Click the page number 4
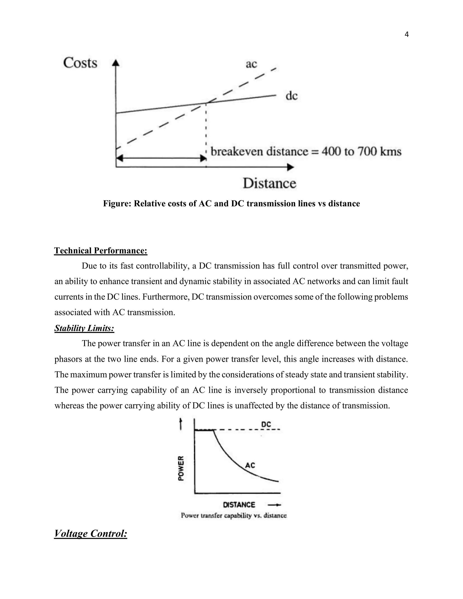406,35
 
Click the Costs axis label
80,63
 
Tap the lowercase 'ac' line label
251,64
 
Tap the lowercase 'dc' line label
292,96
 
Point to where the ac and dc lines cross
206,103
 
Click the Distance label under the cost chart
269,183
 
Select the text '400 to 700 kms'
361,151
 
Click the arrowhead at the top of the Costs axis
116,63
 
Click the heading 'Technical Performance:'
101,251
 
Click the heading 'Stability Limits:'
84,328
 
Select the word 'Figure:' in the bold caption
117,204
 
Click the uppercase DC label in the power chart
266,424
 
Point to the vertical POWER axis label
181,468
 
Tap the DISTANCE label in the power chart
239,505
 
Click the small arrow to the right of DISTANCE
274,505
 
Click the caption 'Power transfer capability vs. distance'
234,516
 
